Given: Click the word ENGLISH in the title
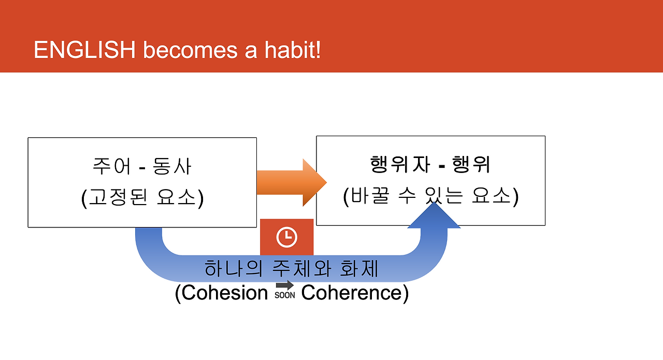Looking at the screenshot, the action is (84, 49).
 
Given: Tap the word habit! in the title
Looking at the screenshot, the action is (293, 49).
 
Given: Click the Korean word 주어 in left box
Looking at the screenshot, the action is (111, 166).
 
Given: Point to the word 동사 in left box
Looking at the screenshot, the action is (171, 166).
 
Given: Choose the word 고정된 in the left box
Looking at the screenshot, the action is (118, 197).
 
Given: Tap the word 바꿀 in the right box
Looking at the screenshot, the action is (370, 195).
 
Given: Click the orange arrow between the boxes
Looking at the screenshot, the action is (292, 182).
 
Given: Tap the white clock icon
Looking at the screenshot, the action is (286, 237).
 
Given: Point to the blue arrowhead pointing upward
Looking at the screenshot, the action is (434, 215).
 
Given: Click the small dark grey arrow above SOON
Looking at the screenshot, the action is (285, 285).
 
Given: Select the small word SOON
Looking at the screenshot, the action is (285, 295).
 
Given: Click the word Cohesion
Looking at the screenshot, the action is (225, 293).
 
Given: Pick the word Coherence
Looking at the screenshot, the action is (351, 293).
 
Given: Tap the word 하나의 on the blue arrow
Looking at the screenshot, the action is (234, 268).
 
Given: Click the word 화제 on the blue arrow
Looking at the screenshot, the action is (359, 268).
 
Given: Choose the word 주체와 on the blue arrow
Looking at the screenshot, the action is (301, 268).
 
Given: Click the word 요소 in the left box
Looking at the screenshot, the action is (177, 197).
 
